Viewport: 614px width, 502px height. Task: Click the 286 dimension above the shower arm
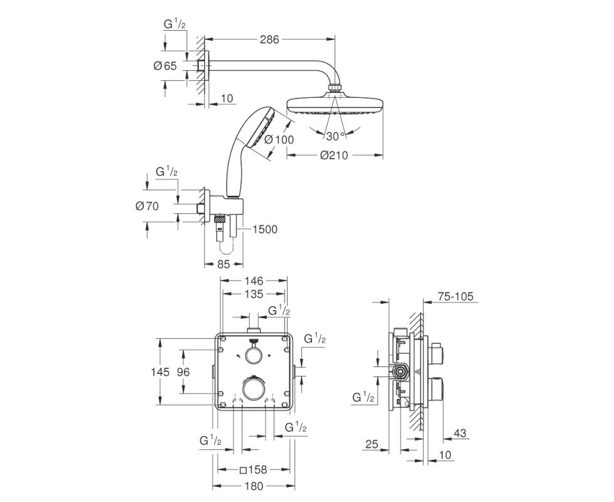click(x=269, y=40)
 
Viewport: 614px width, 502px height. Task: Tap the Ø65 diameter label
click(x=165, y=66)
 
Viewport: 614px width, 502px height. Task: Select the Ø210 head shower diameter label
click(x=334, y=156)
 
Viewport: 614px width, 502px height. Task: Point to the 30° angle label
click(x=335, y=136)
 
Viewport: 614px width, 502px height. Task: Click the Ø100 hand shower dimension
click(x=279, y=139)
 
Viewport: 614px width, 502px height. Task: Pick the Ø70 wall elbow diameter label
click(x=148, y=206)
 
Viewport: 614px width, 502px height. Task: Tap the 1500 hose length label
click(x=264, y=229)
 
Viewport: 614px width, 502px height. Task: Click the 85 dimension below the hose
click(x=224, y=265)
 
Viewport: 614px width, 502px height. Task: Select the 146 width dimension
click(x=254, y=280)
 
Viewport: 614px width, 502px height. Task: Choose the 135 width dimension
click(x=254, y=294)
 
